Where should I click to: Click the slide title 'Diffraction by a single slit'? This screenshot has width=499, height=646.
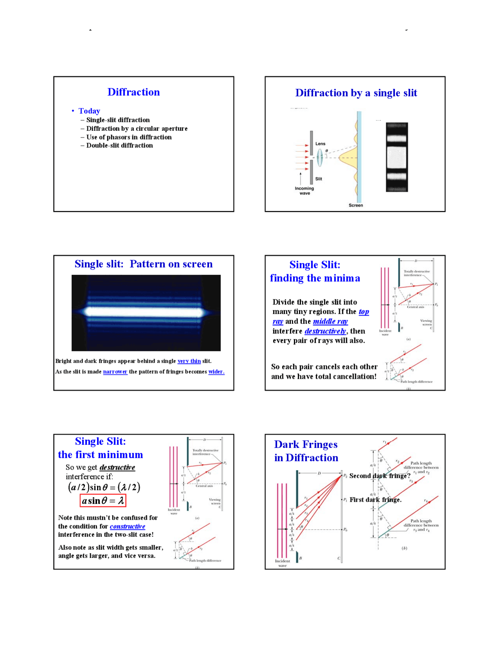(x=356, y=93)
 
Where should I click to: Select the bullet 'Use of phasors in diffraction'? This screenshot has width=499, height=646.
(x=129, y=137)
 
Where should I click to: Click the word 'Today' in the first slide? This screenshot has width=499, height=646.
(x=89, y=111)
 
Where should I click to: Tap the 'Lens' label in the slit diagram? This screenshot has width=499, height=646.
(x=320, y=144)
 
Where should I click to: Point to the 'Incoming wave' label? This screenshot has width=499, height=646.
(x=304, y=190)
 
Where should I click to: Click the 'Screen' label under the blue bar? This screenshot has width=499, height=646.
(x=356, y=205)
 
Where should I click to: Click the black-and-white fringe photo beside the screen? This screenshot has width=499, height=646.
(x=396, y=157)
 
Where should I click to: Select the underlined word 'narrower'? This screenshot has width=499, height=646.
(x=115, y=372)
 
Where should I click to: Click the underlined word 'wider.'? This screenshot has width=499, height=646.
(x=216, y=372)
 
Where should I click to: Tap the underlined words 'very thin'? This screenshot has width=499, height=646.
(x=189, y=361)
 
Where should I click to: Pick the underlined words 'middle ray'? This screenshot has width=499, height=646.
(x=330, y=321)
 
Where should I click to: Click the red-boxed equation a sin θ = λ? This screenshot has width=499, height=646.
(x=103, y=500)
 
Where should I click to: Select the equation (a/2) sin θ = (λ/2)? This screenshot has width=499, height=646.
(x=104, y=487)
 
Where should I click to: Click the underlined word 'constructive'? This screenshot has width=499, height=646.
(x=127, y=526)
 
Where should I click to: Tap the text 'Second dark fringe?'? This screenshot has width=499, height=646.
(x=380, y=476)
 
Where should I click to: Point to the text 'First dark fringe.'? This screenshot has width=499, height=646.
(x=375, y=500)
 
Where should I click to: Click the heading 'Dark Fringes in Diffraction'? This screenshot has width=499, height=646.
(x=306, y=451)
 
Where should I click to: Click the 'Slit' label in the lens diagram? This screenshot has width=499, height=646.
(x=319, y=179)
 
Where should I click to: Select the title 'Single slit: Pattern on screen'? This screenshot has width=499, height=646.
(x=143, y=264)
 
